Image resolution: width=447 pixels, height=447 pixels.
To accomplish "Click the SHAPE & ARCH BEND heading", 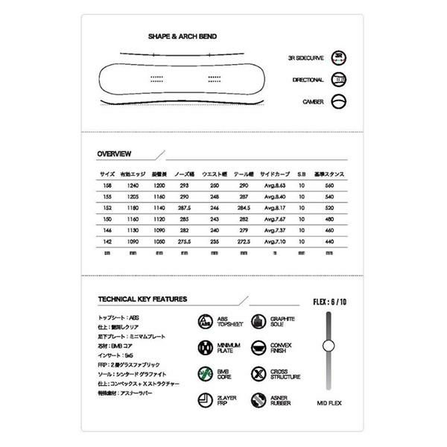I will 183,36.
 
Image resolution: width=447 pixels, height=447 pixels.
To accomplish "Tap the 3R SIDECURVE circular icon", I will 339,57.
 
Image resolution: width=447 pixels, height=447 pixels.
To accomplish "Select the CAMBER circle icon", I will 339,101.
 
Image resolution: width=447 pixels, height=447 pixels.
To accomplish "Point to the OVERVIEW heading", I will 115,153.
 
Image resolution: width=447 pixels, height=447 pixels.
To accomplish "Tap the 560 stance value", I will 328,185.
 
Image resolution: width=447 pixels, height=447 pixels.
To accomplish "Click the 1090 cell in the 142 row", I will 133,241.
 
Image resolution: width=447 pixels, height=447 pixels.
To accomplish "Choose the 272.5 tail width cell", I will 243,241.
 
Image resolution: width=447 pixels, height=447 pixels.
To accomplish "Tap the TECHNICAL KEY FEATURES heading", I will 142,299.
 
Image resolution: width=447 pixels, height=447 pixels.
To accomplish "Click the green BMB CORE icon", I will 205,374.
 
